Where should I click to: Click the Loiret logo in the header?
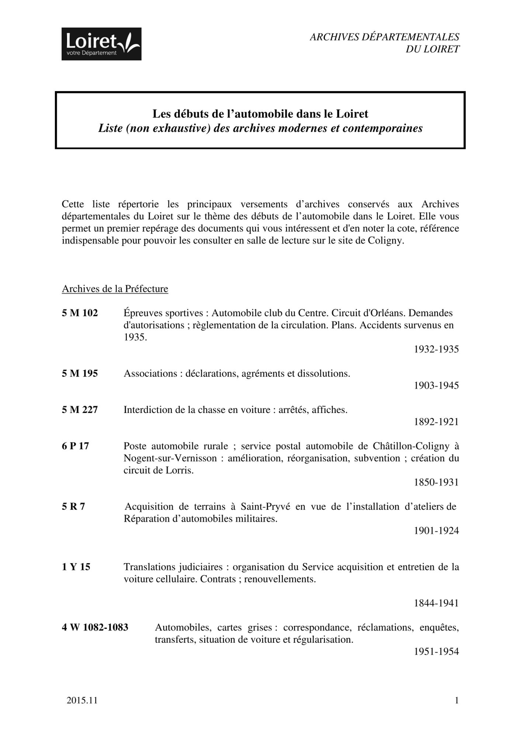[101, 44]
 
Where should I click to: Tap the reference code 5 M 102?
[80, 313]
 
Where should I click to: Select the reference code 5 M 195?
[80, 373]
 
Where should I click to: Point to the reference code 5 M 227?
[80, 410]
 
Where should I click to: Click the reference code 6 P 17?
[75, 446]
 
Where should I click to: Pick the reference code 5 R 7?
[73, 507]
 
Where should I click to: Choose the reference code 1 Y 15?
[76, 567]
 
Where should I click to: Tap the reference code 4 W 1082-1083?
[95, 627]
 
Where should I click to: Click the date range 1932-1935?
[436, 349]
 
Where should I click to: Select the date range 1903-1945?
[436, 386]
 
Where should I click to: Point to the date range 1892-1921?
[436, 422]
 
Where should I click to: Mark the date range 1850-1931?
[436, 482]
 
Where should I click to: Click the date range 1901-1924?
[436, 531]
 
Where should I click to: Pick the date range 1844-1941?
[436, 603]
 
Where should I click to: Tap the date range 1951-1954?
[436, 652]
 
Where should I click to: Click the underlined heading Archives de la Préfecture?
[115, 289]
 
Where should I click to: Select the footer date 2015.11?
[82, 700]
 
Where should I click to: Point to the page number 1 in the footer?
[457, 700]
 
